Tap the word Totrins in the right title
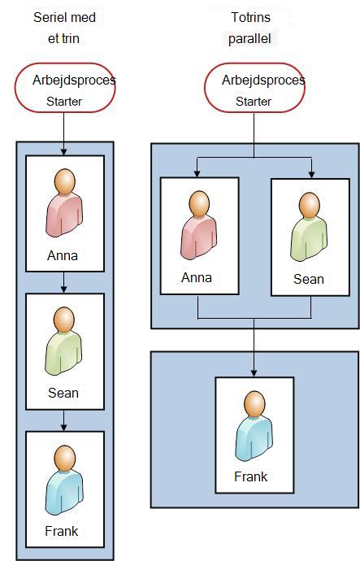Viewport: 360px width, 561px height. pos(250,17)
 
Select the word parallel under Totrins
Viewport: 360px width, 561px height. pos(249,39)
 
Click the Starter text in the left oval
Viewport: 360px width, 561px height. pos(64,102)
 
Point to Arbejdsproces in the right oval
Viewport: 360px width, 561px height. pos(263,80)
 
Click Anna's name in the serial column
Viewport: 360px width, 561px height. pos(63,255)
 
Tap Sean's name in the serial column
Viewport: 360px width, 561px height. pos(63,393)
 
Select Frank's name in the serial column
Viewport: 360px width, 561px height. pos(62,531)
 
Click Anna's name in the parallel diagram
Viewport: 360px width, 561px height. pos(197,277)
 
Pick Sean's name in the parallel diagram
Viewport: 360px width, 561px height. pos(309,279)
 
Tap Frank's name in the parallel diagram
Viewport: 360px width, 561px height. pos(250,476)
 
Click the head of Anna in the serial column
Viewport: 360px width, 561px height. pos(64,182)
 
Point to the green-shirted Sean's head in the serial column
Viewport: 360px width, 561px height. pos(64,320)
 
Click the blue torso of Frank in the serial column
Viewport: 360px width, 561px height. pos(64,492)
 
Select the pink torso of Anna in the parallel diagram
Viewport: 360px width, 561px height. pos(199,237)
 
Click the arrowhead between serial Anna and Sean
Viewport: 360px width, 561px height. pos(63,289)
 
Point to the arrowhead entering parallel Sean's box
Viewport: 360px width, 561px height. pos(312,175)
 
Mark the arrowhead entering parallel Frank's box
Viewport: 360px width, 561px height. pos(254,373)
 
